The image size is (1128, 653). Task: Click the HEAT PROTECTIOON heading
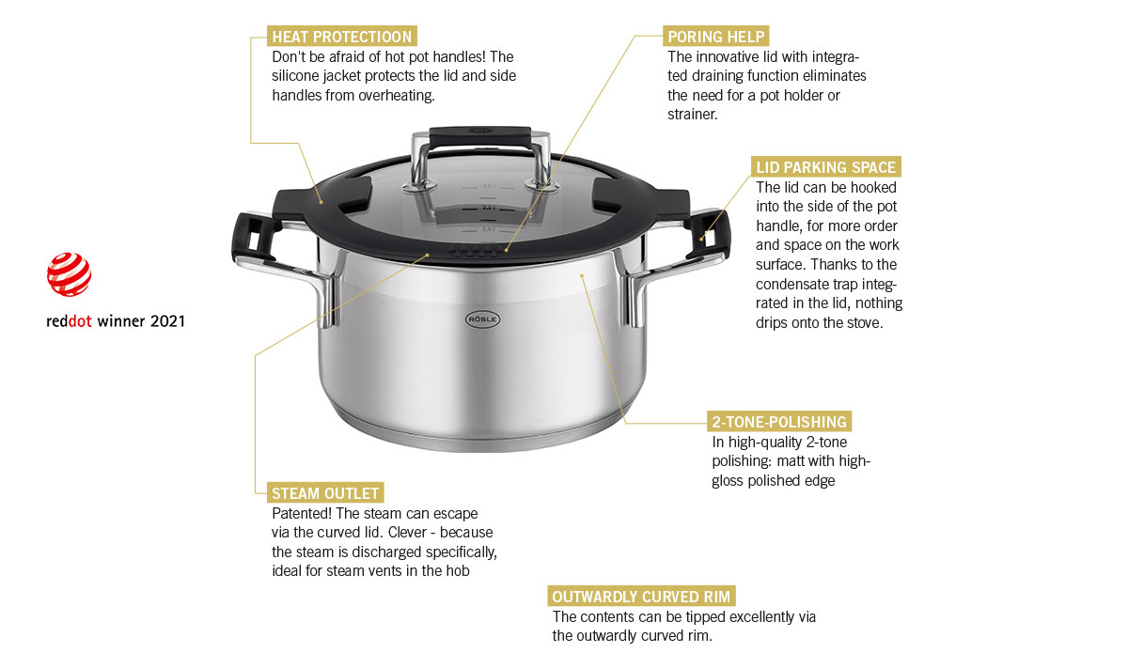coord(342,37)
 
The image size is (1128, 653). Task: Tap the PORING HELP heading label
coord(715,37)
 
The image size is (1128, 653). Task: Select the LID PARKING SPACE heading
coord(826,167)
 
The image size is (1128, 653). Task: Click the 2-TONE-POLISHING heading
coord(779,422)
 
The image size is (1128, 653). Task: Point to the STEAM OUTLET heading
coord(325,493)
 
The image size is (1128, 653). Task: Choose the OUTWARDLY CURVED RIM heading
coord(641,596)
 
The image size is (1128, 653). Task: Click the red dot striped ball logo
coord(69,274)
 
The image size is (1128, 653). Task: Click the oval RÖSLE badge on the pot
coord(482,319)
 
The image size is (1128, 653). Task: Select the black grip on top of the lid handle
coord(480,137)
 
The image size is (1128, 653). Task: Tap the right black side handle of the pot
coord(708,235)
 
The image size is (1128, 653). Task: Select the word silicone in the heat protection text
coord(295,76)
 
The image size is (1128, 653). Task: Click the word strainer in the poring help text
coord(693,115)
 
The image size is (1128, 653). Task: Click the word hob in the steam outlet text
coord(460,571)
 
